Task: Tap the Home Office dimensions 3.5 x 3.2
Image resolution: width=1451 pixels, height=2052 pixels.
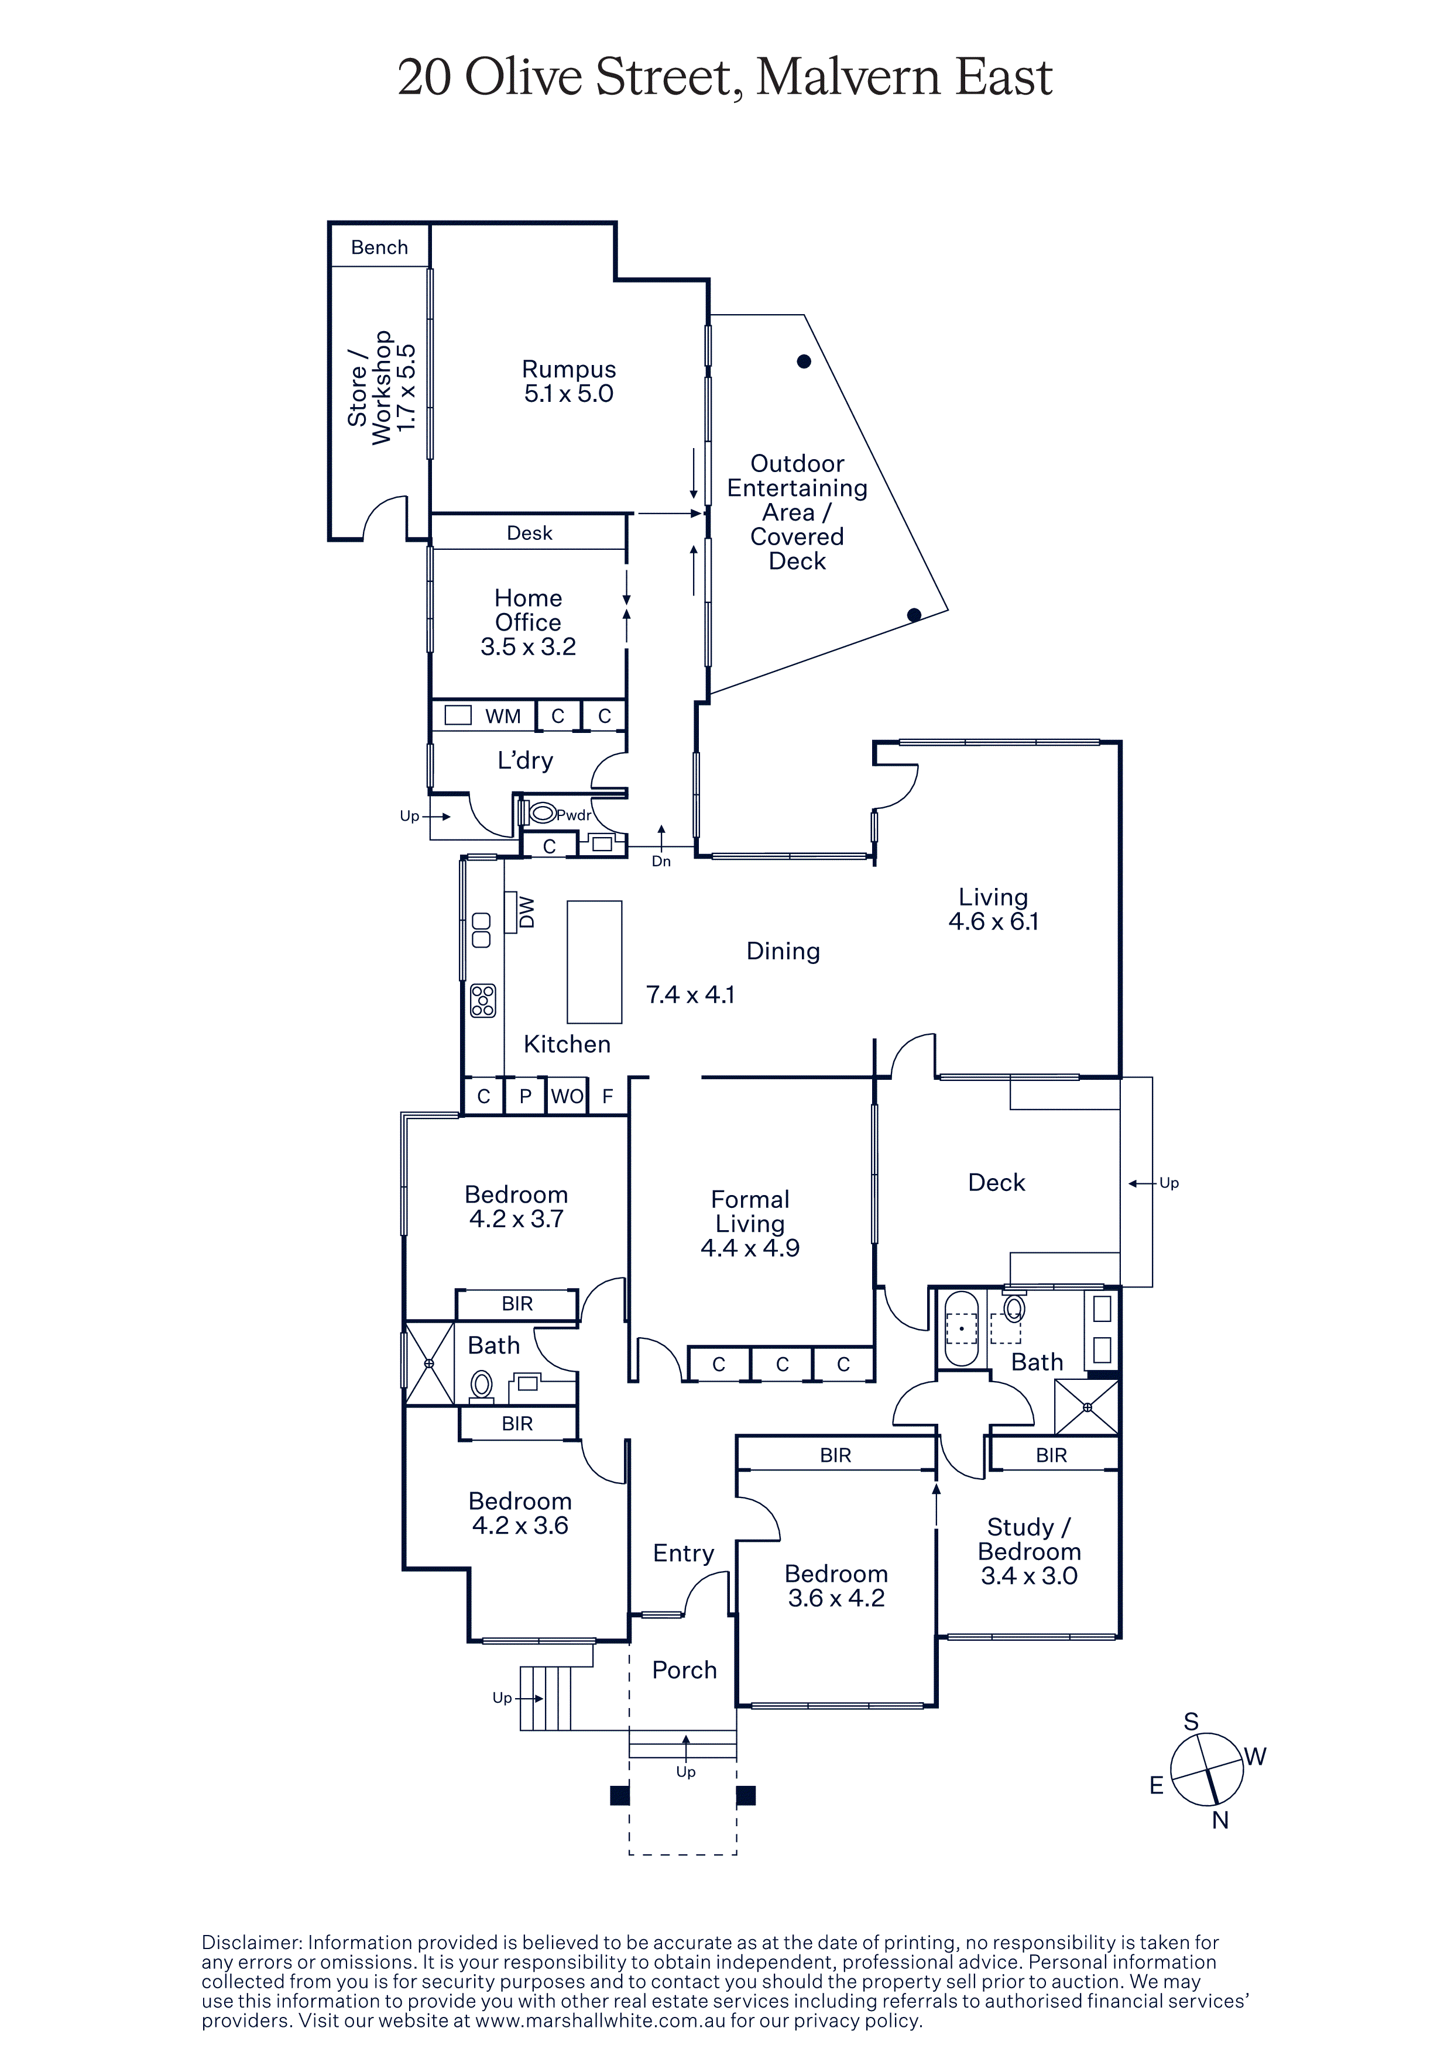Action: point(529,647)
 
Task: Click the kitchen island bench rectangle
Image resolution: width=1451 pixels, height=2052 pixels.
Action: point(595,962)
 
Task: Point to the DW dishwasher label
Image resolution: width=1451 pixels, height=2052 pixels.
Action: point(527,913)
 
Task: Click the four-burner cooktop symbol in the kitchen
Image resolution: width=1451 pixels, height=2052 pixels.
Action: point(483,1000)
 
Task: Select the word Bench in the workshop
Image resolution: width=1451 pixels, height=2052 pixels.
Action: point(379,247)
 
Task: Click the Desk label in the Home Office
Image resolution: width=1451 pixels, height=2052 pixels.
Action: point(529,533)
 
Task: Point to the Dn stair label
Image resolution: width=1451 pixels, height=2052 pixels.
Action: point(661,862)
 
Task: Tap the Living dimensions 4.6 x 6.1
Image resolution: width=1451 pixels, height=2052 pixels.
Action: point(993,921)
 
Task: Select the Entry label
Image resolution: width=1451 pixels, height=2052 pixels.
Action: point(683,1554)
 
